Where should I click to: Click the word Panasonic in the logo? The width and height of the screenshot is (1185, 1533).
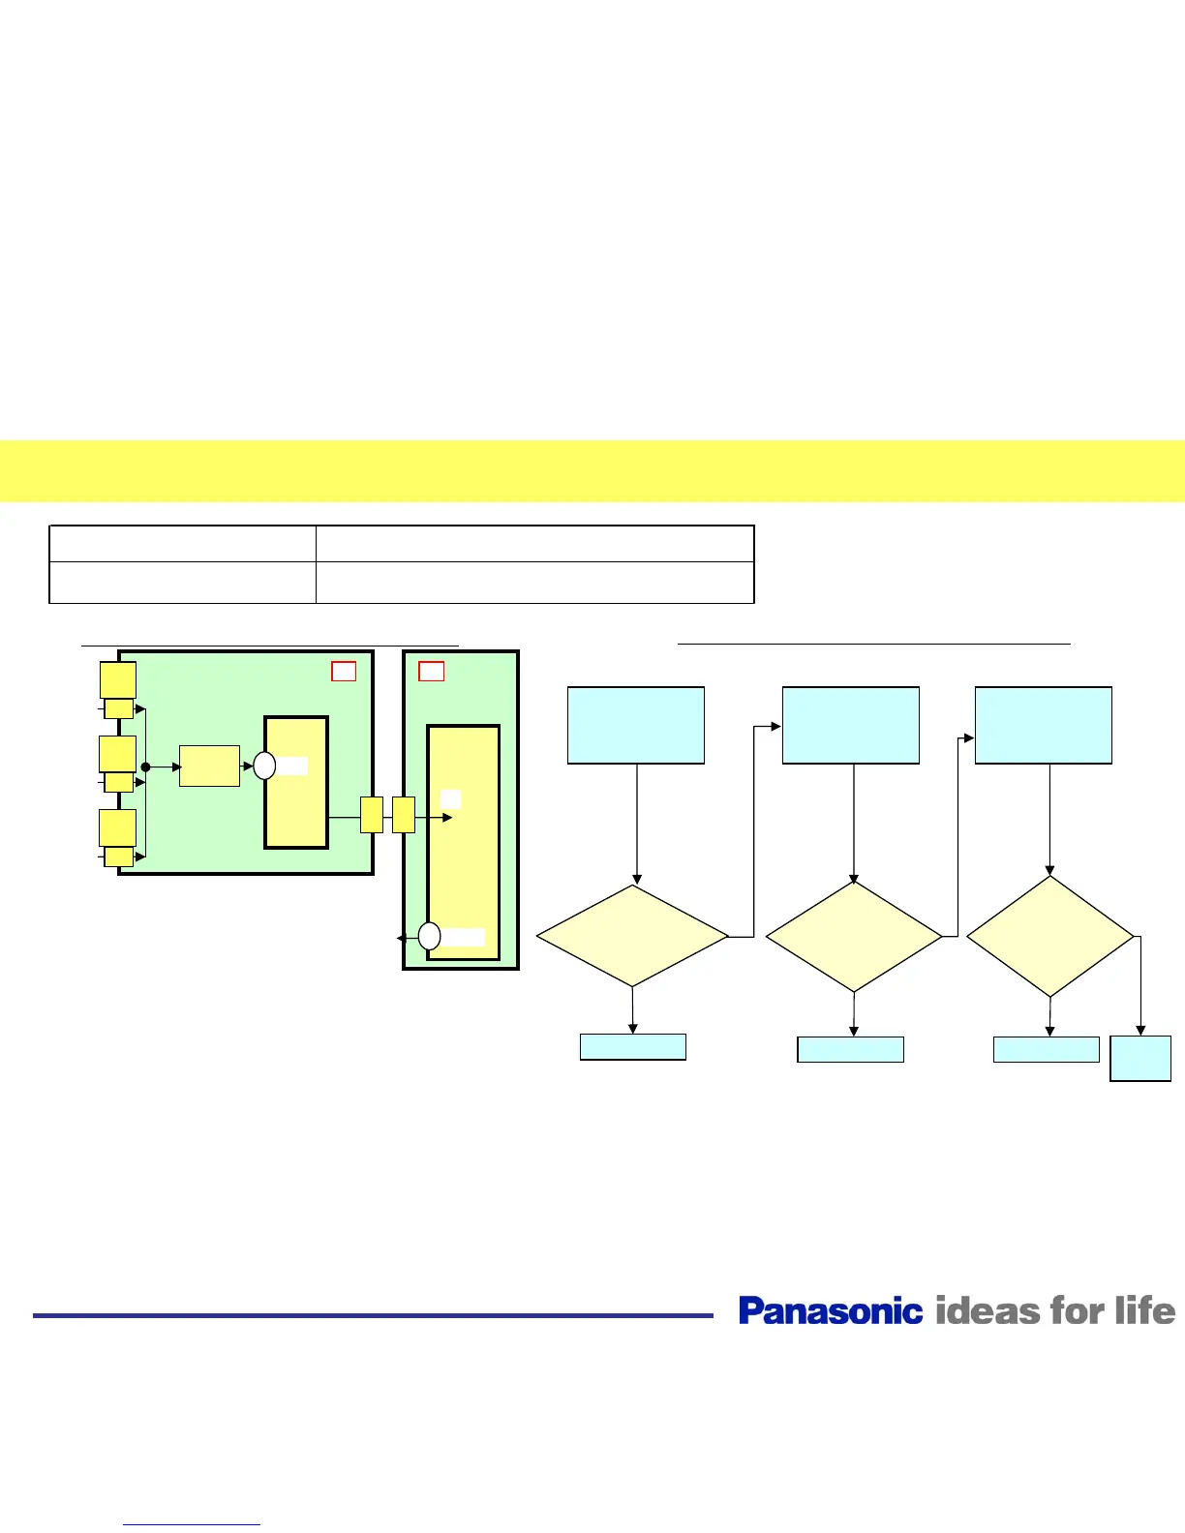830,1310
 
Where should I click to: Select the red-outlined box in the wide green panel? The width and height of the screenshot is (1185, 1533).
344,671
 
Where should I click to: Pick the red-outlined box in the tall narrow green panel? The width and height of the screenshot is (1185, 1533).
432,671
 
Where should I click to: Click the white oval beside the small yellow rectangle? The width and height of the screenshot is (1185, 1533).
264,766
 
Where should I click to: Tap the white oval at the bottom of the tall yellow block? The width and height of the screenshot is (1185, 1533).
430,936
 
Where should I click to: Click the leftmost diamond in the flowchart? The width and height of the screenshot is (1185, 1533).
632,936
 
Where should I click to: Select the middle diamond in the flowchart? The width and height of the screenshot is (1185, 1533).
854,936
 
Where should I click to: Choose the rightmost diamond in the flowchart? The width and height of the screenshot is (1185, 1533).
1050,936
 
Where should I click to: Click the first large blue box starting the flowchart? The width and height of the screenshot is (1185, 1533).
635,725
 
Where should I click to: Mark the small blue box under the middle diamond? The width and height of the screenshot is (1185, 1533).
850,1049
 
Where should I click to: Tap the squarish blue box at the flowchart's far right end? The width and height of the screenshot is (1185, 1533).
1140,1059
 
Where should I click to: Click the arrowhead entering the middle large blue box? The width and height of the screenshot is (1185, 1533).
776,726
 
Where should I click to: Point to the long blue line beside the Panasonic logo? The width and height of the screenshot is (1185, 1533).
373,1315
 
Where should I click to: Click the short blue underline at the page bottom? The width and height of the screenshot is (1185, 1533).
192,1525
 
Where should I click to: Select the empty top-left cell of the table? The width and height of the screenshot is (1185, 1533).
182,544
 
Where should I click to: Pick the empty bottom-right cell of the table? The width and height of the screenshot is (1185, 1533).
534,583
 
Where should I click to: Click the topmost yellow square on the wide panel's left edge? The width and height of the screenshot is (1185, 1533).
118,679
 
